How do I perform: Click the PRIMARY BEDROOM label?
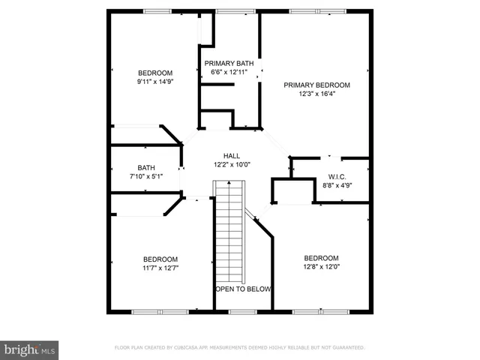click(x=316, y=85)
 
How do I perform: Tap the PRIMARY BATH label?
click(x=229, y=63)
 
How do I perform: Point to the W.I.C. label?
click(x=335, y=176)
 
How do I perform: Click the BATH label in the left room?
click(x=145, y=168)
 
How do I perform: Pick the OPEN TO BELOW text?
click(x=243, y=289)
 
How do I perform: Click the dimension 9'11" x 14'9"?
click(x=155, y=81)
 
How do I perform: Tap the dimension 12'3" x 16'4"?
click(x=316, y=94)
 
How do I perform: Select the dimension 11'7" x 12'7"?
click(x=160, y=267)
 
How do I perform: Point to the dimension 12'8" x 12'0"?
click(x=321, y=266)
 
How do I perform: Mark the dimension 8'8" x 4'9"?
click(x=337, y=185)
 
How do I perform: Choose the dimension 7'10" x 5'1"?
click(x=145, y=176)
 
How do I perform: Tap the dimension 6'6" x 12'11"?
click(x=229, y=72)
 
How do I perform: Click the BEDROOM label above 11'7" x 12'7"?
click(x=160, y=258)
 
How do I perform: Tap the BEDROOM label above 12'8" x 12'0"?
click(x=321, y=257)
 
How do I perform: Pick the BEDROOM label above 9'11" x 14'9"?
click(x=155, y=72)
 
